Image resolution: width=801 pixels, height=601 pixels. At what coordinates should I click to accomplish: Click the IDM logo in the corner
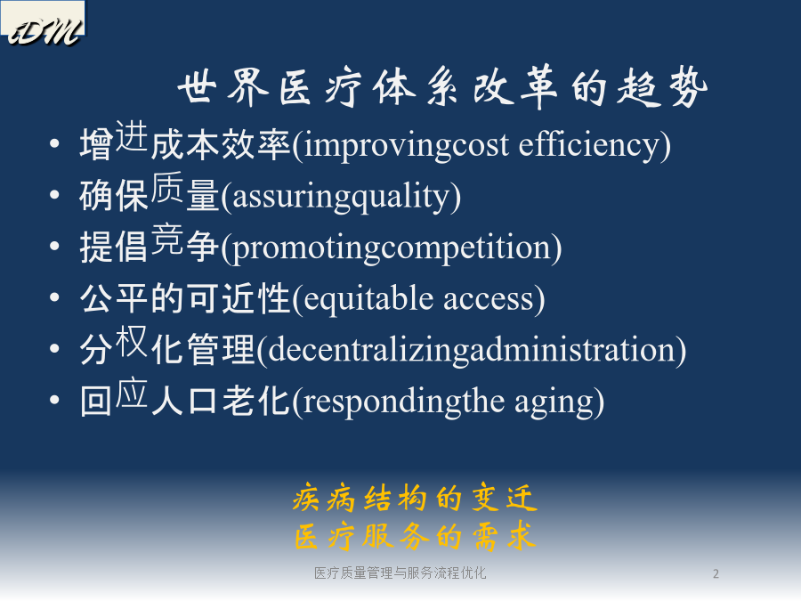tap(44, 24)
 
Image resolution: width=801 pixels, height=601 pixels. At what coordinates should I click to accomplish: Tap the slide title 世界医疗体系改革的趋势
tap(442, 87)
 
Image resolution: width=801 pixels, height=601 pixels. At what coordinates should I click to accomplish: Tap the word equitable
tap(368, 299)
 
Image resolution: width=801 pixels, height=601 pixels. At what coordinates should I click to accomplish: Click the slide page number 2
tap(716, 574)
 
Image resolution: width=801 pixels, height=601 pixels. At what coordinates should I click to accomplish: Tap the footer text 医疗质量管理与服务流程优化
tap(400, 573)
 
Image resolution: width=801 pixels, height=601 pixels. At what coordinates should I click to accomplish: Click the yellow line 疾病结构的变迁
tap(415, 499)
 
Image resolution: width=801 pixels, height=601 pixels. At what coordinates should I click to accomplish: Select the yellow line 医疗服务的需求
tap(415, 536)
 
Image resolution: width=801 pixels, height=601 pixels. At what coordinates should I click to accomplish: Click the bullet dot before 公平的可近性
tap(54, 296)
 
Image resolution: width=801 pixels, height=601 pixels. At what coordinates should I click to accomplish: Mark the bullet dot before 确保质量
tap(54, 194)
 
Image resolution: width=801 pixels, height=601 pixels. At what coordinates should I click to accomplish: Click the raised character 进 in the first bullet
tap(132, 136)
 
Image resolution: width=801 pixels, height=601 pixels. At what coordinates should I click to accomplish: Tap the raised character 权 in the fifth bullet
tap(132, 341)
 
